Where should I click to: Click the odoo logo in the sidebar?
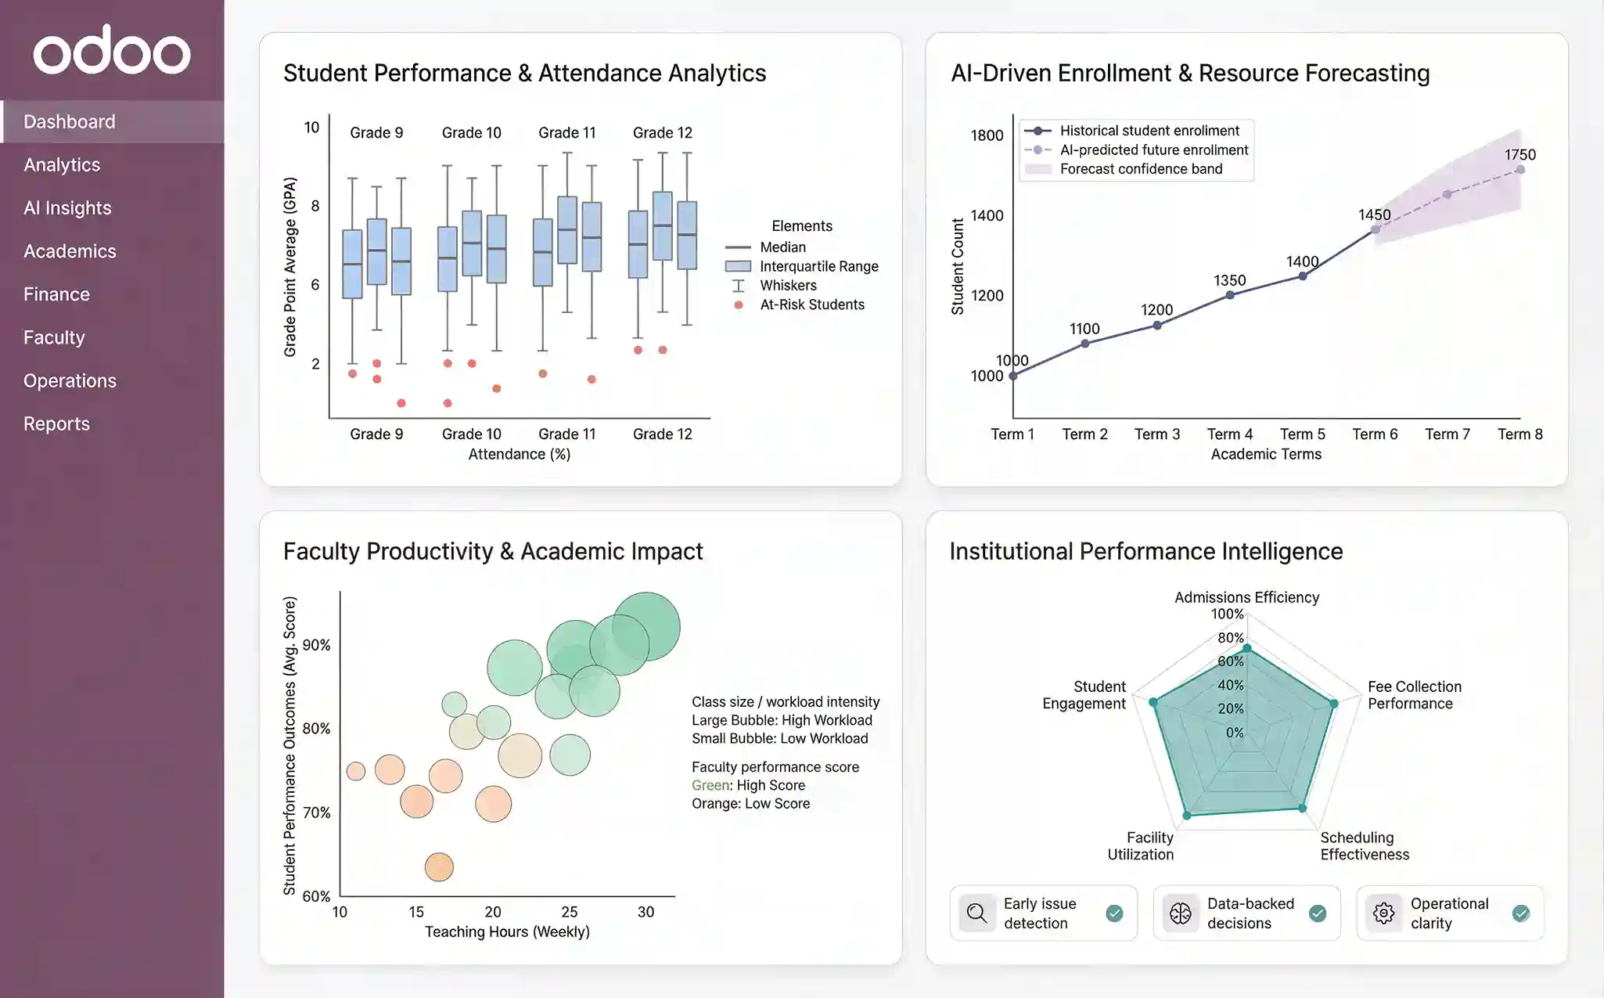pyautogui.click(x=111, y=51)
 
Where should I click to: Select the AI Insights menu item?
pyautogui.click(x=67, y=208)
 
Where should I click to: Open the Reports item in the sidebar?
pyautogui.click(x=56, y=423)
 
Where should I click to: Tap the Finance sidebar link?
pyautogui.click(x=56, y=294)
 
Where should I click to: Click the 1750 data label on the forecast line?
pyautogui.click(x=1519, y=155)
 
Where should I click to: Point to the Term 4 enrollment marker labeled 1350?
pyautogui.click(x=1230, y=295)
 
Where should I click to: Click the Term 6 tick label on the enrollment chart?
pyautogui.click(x=1375, y=434)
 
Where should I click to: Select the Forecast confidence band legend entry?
pyautogui.click(x=1140, y=169)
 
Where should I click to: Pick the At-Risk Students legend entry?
pyautogui.click(x=811, y=304)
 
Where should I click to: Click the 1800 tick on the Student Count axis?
pyautogui.click(x=987, y=135)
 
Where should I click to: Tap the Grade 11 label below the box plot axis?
pyautogui.click(x=566, y=434)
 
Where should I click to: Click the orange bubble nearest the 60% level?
pyautogui.click(x=439, y=866)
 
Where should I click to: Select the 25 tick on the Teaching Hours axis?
pyautogui.click(x=569, y=912)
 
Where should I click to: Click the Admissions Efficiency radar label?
pyautogui.click(x=1246, y=597)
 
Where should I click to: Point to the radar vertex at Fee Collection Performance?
pyautogui.click(x=1334, y=704)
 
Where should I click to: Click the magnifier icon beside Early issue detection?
pyautogui.click(x=976, y=913)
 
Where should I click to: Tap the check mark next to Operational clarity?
pyautogui.click(x=1520, y=913)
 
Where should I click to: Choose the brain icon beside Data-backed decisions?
pyautogui.click(x=1180, y=913)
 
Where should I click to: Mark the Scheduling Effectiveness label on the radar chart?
pyautogui.click(x=1365, y=846)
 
